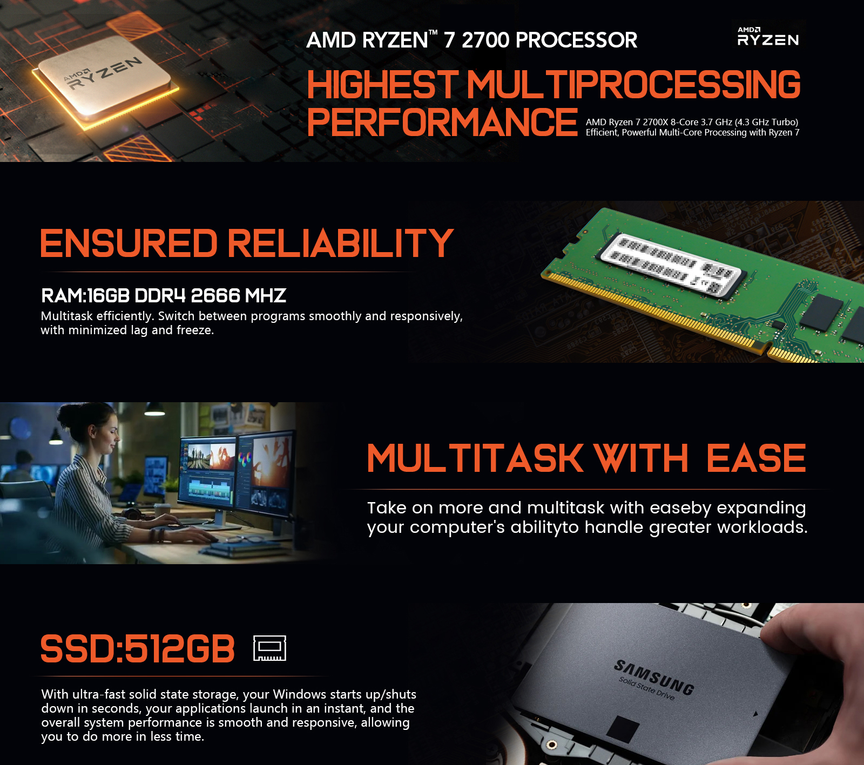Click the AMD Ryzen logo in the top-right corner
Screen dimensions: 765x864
pos(768,37)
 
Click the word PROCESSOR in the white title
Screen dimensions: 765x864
pos(576,40)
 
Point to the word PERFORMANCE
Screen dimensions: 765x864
pos(442,122)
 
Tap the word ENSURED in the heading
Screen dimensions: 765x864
pos(129,243)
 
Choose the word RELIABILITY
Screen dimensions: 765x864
pos(340,243)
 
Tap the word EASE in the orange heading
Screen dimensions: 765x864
pos(755,458)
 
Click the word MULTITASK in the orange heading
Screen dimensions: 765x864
pos(475,458)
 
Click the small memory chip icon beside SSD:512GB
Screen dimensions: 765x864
pos(269,648)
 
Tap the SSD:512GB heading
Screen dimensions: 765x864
pos(138,648)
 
